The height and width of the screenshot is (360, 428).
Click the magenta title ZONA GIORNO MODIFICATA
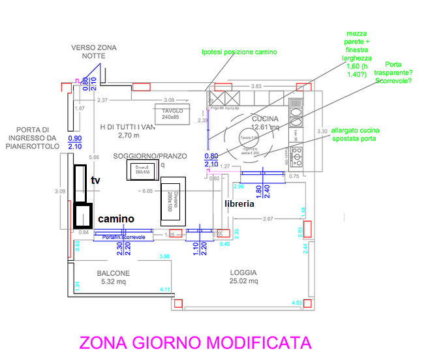point(195,343)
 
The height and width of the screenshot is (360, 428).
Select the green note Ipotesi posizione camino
point(239,52)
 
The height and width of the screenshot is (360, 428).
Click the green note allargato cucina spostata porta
point(356,135)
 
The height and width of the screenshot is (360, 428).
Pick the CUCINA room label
point(265,118)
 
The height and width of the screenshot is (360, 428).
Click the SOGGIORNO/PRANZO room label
point(150,157)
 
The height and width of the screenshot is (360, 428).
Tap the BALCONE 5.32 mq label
point(114,277)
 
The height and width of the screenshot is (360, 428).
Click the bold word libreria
point(239,203)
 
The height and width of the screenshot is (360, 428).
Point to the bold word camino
point(116,219)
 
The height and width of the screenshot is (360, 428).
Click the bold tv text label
point(95,180)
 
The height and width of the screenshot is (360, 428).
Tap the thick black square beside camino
point(84,215)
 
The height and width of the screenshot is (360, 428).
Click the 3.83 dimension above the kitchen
point(256,87)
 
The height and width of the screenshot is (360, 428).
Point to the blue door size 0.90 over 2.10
point(76,143)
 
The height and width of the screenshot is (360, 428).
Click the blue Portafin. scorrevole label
point(123,237)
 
